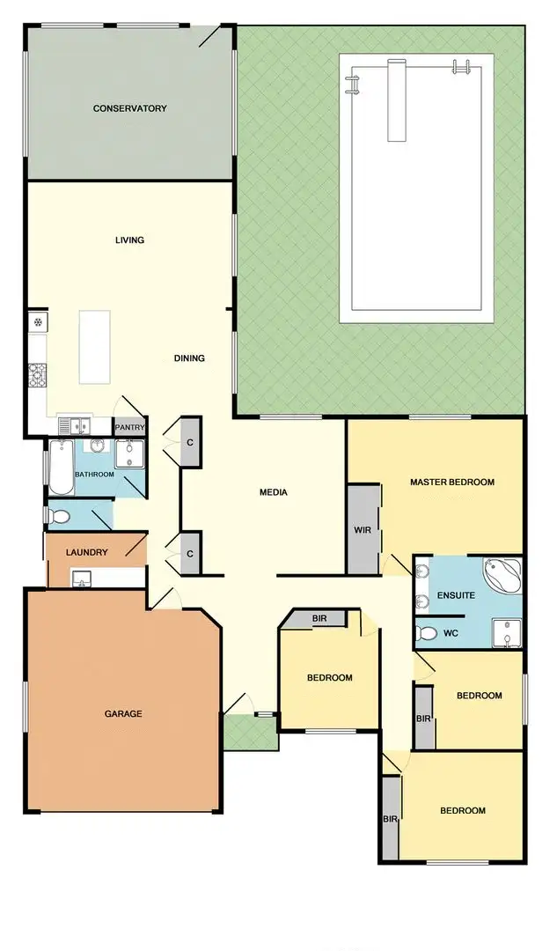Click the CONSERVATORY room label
[130, 108]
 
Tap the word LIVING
[129, 240]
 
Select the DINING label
[189, 358]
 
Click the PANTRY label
[129, 428]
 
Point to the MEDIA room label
[274, 492]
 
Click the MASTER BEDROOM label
[452, 482]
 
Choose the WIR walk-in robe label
[363, 530]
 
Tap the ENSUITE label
[458, 595]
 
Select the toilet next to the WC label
[428, 632]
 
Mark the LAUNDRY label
[87, 553]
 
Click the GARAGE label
[124, 713]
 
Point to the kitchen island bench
[95, 347]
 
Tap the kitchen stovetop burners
[38, 376]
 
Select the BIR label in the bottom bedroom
[390, 819]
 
